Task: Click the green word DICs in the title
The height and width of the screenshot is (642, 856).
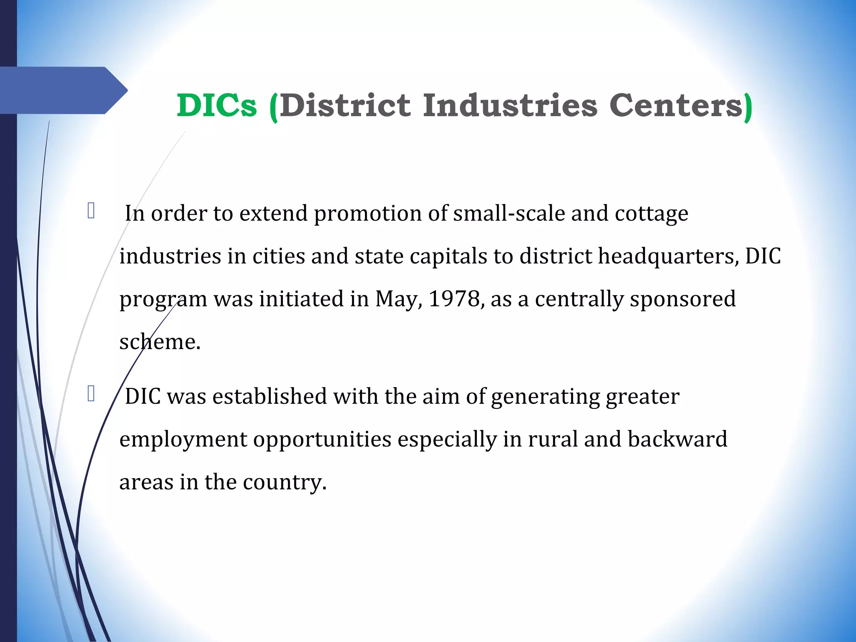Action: [217, 105]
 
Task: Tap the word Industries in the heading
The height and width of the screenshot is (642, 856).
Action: [510, 105]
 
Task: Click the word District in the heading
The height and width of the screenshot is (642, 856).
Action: [345, 105]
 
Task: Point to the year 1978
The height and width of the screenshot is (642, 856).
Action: [454, 299]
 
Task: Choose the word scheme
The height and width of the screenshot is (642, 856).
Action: [159, 342]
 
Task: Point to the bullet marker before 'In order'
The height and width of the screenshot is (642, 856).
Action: [91, 211]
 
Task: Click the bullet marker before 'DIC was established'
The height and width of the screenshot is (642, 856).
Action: [91, 394]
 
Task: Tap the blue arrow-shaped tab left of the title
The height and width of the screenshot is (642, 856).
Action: [63, 90]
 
